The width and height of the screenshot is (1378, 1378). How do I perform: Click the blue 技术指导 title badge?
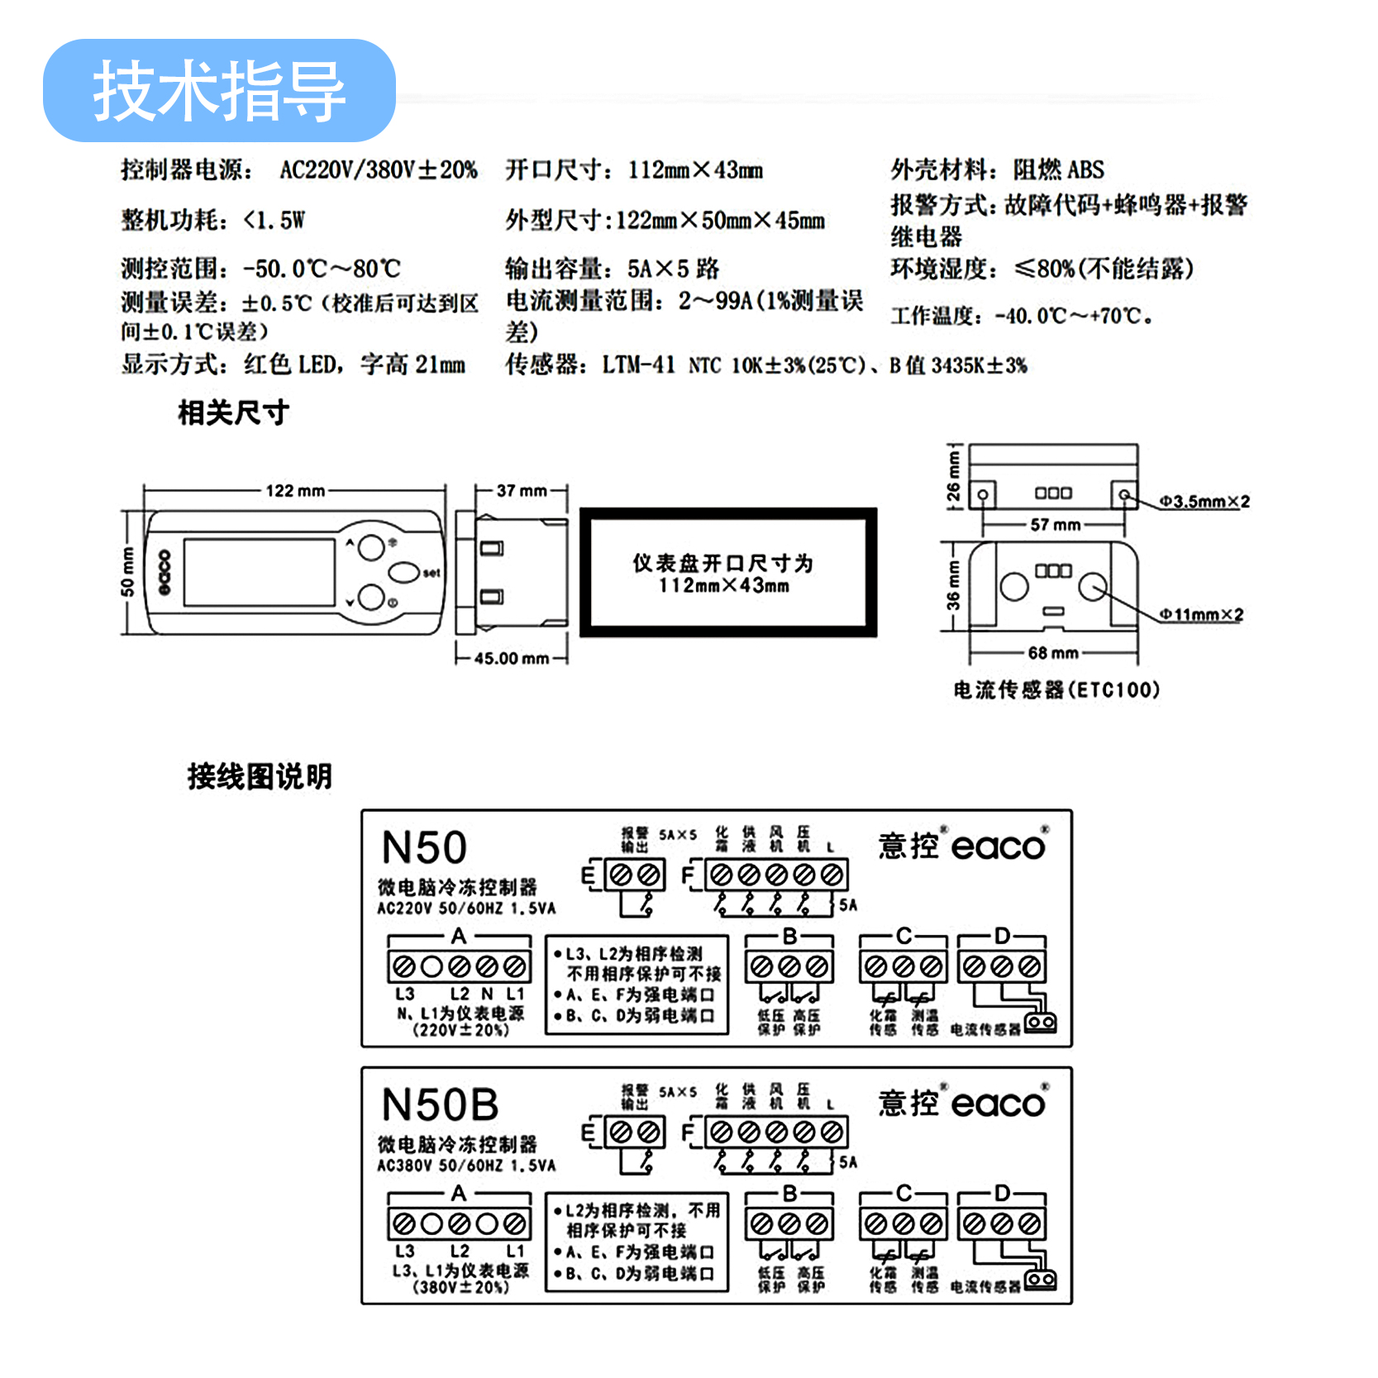(219, 91)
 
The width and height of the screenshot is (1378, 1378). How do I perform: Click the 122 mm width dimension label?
(295, 490)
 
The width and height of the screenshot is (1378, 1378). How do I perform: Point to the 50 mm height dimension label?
(127, 571)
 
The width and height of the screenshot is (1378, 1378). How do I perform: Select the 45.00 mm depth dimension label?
(512, 658)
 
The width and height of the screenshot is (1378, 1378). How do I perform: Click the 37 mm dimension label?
(522, 490)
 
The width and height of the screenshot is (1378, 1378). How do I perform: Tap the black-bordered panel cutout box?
(727, 573)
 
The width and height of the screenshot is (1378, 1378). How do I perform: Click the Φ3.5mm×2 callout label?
(1204, 501)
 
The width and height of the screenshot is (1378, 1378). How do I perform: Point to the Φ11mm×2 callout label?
(1200, 614)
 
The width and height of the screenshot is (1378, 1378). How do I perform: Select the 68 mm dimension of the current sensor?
(1053, 653)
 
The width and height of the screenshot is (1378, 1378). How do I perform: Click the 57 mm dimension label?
(1055, 524)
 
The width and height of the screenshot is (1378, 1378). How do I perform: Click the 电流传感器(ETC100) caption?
(1056, 689)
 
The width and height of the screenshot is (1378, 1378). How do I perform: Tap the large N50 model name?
(424, 848)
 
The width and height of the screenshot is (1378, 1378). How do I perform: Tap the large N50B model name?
(441, 1105)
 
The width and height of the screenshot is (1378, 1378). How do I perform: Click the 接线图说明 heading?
(260, 776)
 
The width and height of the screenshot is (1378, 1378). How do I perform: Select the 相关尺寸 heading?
(233, 412)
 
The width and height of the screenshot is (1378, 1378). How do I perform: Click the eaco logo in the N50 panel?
(999, 846)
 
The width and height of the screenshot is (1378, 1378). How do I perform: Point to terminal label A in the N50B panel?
(459, 1193)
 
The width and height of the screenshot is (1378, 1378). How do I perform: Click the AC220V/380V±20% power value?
(379, 170)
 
